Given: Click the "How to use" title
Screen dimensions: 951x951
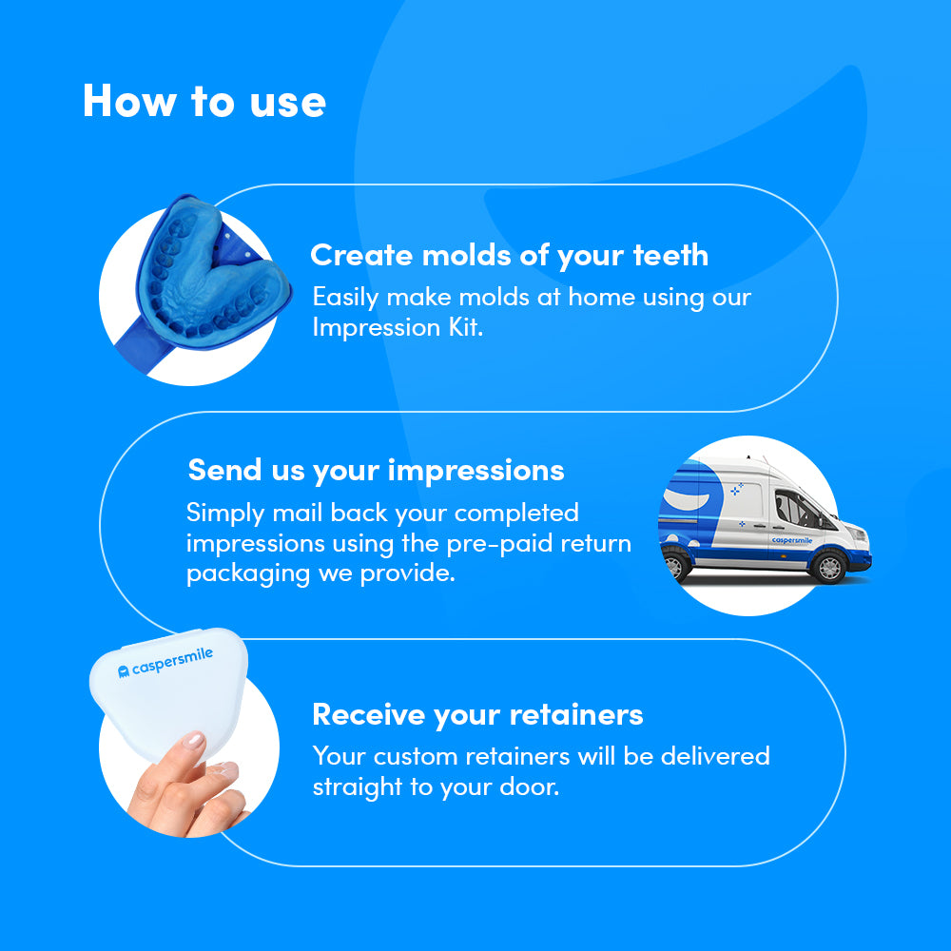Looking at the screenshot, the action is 204,101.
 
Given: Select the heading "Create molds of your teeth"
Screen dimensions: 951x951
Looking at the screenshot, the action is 510,255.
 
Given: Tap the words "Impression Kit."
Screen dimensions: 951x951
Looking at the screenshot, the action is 398,327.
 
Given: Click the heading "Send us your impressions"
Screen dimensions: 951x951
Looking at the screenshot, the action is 376,470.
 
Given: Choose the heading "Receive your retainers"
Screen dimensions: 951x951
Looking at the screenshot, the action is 477,714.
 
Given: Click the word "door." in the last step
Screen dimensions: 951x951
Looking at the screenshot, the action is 529,786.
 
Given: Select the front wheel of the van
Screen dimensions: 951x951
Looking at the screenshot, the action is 829,567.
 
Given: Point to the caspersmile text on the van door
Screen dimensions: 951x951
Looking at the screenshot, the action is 791,540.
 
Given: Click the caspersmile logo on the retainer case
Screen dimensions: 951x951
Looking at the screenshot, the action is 165,662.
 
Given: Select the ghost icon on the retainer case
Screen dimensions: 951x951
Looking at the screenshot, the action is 123,670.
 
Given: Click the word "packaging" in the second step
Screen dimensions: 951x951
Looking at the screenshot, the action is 248,573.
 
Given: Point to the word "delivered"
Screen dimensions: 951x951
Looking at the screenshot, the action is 715,756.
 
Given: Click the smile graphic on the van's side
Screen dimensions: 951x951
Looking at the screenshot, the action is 687,500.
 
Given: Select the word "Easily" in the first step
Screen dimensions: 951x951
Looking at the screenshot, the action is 346,298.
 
